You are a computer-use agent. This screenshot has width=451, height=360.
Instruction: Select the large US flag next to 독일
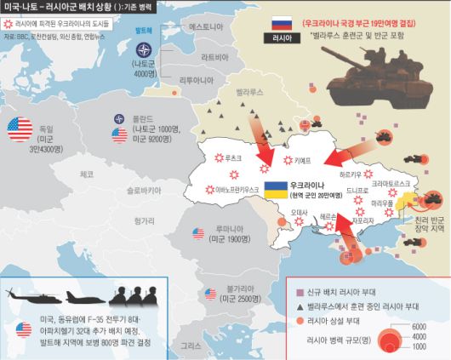[x=19, y=129]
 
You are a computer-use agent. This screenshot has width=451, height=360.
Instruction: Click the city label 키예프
[x=303, y=159]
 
